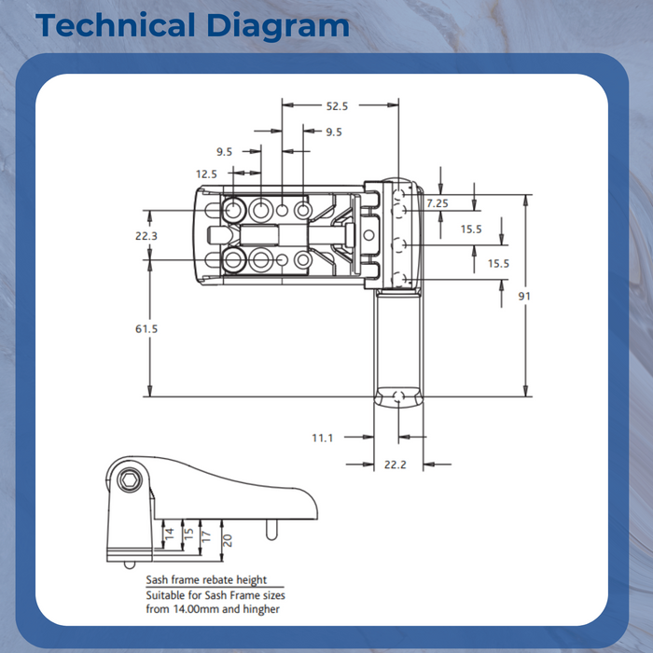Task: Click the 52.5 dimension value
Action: (x=336, y=106)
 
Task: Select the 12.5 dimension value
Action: (x=206, y=174)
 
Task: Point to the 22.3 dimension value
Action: (x=146, y=236)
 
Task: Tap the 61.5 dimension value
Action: (x=146, y=328)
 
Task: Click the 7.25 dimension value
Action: (x=437, y=202)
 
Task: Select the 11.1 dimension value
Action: (x=323, y=437)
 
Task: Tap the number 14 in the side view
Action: (x=169, y=534)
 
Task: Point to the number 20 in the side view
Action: (x=227, y=538)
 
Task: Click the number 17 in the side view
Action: (x=207, y=536)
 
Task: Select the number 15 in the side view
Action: (x=188, y=535)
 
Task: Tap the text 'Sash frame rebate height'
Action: (x=206, y=580)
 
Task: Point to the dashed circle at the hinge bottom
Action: (x=398, y=397)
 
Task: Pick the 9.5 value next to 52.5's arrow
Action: (x=333, y=132)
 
